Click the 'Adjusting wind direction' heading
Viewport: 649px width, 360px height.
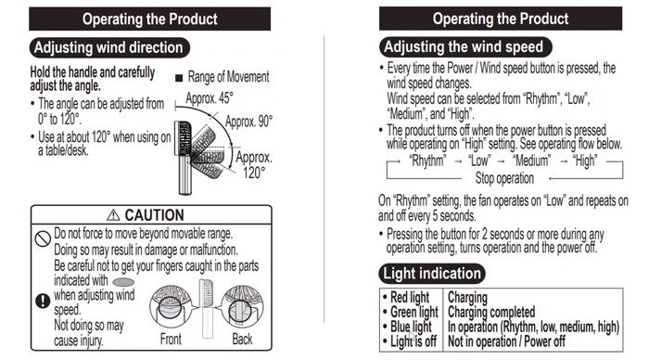tap(109, 47)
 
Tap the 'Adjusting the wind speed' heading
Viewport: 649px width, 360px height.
tap(465, 46)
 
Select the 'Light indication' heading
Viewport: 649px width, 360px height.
tap(432, 274)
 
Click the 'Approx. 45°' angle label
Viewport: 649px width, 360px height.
tap(210, 98)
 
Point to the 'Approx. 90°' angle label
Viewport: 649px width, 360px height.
tap(249, 122)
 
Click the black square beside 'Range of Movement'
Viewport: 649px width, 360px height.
tap(179, 78)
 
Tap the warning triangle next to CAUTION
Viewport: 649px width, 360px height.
tap(113, 215)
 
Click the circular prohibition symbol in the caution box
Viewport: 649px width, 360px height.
tap(43, 238)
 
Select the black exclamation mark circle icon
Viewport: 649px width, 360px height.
tap(43, 301)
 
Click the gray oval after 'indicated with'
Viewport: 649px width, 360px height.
tap(123, 282)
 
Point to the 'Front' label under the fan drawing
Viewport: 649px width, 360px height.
tap(171, 340)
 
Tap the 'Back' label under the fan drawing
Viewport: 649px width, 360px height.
tap(242, 340)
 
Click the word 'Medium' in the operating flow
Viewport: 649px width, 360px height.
tap(531, 161)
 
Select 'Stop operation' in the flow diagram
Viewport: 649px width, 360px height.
tap(504, 178)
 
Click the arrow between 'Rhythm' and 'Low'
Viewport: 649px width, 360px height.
tap(458, 161)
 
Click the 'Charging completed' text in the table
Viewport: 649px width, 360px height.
tap(491, 312)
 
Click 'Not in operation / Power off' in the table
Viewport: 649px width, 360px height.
tap(506, 341)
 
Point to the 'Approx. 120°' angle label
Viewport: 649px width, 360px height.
tap(254, 165)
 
